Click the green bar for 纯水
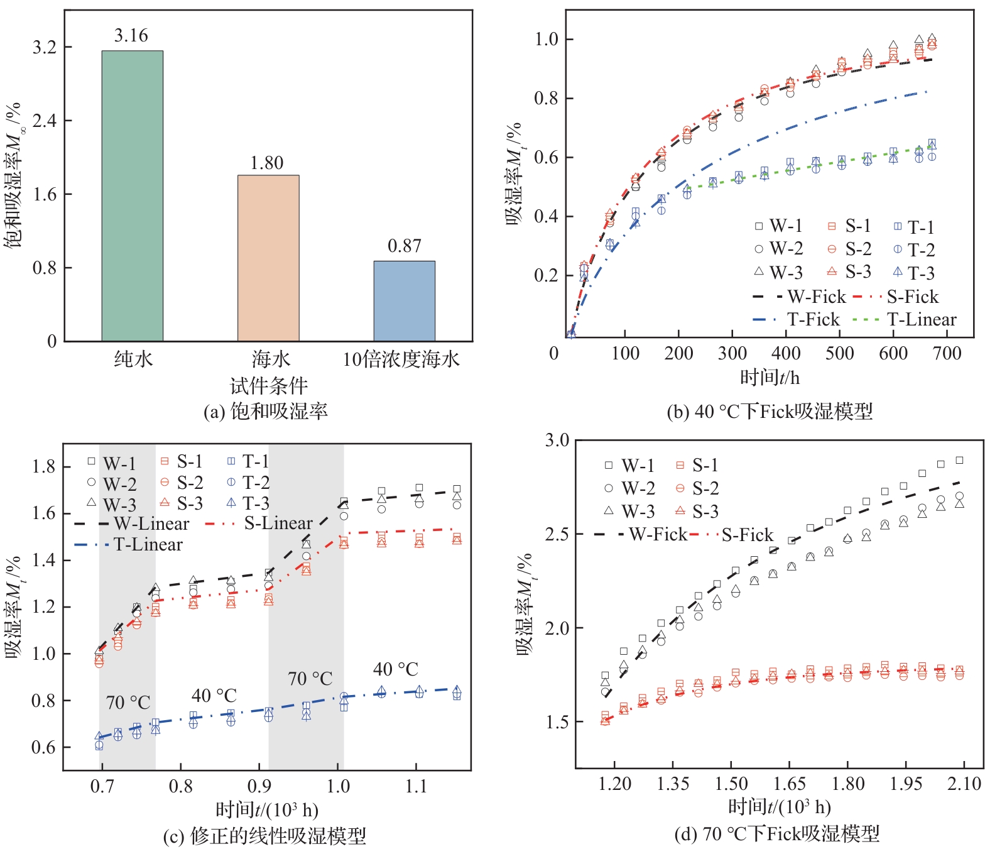133,196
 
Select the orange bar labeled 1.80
268,258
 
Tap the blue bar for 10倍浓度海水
404,301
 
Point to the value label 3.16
131,36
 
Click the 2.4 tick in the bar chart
44,121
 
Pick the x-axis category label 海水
271,359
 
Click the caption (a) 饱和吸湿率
266,412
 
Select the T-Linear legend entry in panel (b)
905,320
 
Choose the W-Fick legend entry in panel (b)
799,297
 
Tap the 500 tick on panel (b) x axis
839,353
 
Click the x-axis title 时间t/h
770,378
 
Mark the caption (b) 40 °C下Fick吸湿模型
770,412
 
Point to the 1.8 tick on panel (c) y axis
44,466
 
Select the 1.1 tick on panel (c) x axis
416,786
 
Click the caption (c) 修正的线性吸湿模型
264,836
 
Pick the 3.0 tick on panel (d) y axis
557,440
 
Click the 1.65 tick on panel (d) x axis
790,784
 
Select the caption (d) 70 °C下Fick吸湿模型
776,835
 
